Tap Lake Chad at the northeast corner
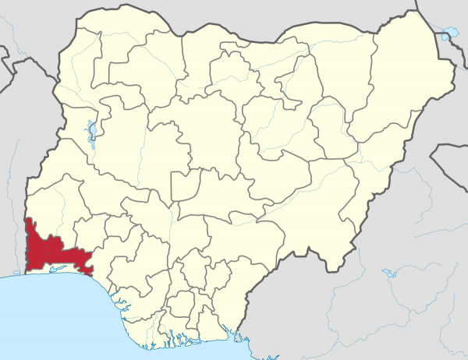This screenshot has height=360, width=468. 447,35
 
